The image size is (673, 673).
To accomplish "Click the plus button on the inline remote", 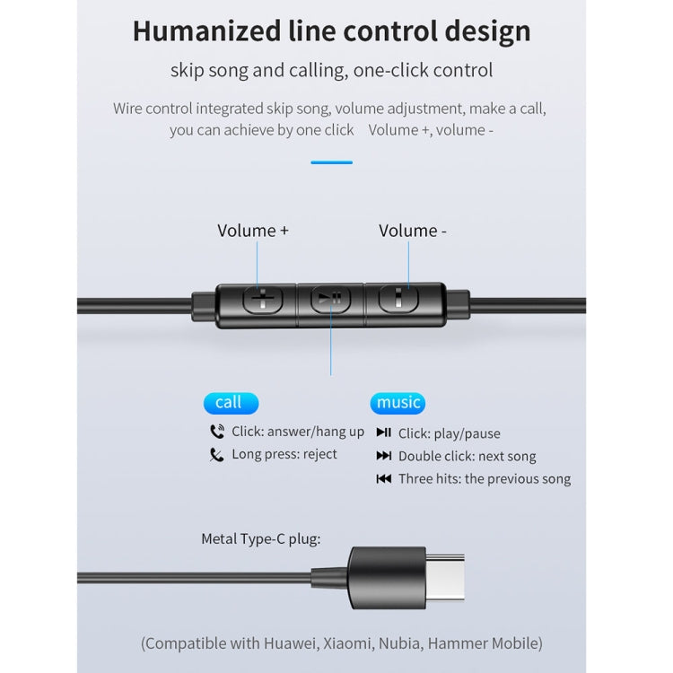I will point(260,299).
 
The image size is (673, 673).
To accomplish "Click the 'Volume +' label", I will point(253,231).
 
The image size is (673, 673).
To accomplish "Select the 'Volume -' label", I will point(412,231).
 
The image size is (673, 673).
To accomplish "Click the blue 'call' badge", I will point(229,402).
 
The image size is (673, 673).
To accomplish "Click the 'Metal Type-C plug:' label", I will point(260,539).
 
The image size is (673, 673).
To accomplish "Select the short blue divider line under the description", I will point(331,162).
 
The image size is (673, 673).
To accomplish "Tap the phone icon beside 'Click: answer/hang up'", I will point(216,432).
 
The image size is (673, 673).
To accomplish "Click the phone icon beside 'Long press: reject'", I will point(216,455).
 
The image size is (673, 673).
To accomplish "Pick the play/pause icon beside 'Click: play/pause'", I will point(383,433).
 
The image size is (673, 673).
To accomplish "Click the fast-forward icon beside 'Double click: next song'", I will point(383,456).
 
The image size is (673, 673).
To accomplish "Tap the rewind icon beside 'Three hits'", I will point(383,479).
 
